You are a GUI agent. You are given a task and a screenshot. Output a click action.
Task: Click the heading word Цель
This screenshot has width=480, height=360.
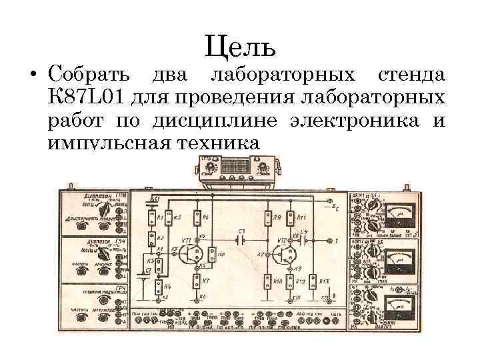point(239,46)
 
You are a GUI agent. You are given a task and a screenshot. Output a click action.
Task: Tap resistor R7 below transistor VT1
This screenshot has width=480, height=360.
point(198,282)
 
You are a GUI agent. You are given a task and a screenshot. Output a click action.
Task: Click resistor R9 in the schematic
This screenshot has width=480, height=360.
point(269,217)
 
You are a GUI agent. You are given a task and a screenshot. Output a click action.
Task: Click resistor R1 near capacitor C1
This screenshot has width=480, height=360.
point(153,217)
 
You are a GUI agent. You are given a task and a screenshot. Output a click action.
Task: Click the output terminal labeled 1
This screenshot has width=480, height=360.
point(330,239)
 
